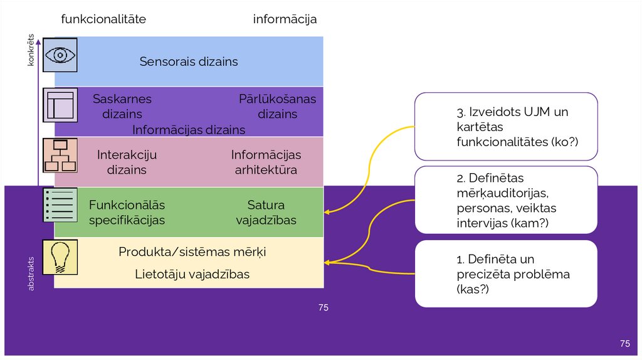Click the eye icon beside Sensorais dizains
click(x=60, y=55)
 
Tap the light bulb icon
click(x=60, y=257)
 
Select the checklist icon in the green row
click(x=60, y=204)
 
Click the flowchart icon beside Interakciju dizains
click(x=60, y=155)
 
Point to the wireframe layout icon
click(x=60, y=105)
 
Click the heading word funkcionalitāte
click(x=103, y=19)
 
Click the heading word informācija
click(x=285, y=19)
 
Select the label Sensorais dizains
click(x=189, y=61)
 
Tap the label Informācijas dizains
click(x=189, y=130)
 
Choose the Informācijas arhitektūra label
click(x=266, y=162)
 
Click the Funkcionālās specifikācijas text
click(x=127, y=213)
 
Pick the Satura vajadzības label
click(x=266, y=213)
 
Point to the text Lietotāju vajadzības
click(x=192, y=274)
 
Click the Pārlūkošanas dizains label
click(x=277, y=107)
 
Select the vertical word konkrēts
click(x=31, y=50)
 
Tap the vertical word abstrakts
click(x=31, y=271)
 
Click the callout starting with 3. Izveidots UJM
click(x=506, y=127)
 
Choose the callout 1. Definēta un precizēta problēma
click(x=506, y=274)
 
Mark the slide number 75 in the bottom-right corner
click(x=624, y=343)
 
